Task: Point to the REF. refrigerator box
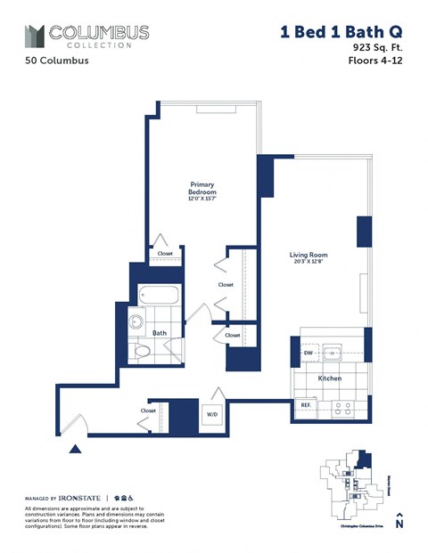pos(305,405)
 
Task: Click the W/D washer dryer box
pos(214,413)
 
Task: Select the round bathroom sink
pos(137,322)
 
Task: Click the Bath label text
pos(160,333)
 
